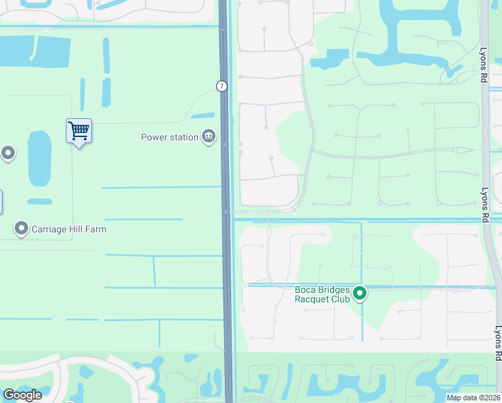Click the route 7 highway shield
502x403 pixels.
coord(221,86)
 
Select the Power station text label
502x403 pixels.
coord(169,137)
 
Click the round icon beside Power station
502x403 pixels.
coord(209,137)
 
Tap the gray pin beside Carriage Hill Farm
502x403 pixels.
coord(21,229)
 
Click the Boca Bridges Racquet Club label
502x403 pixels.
coord(323,294)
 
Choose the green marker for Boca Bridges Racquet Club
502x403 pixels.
coord(360,294)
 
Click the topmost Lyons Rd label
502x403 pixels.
coord(483,64)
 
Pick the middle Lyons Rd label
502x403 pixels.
coord(484,205)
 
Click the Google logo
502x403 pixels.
coord(22,395)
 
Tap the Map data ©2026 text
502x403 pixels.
coord(472,397)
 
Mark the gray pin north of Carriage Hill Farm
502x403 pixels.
coord(8,154)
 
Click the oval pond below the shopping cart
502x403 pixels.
coord(40,159)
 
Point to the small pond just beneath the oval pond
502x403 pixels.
coord(40,201)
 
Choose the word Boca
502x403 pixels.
coord(306,289)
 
